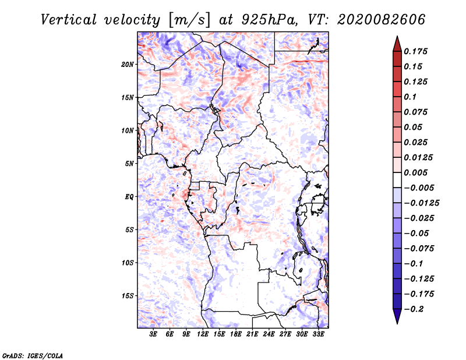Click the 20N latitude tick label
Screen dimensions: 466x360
[128, 65]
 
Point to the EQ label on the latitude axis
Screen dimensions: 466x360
[129, 197]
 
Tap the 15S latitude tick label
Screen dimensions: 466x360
[128, 296]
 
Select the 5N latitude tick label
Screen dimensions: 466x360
[129, 164]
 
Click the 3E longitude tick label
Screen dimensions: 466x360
[153, 334]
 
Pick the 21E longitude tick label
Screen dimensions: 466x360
[252, 334]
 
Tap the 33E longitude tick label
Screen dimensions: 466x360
[318, 334]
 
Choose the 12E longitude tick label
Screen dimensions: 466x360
[203, 334]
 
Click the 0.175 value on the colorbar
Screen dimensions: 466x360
[415, 51]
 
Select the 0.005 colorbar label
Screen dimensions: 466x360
[415, 172]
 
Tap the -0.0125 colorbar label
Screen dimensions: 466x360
[421, 203]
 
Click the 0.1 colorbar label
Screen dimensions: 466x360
[410, 97]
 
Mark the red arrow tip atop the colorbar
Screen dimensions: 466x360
[397, 36]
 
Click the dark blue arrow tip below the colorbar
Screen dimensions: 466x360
[397, 323]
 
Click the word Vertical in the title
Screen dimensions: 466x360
[69, 20]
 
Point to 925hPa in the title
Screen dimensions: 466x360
[269, 20]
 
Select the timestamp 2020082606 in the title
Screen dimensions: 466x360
[382, 20]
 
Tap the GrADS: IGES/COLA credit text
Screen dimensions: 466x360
[33, 356]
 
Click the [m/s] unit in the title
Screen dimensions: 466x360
[189, 20]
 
